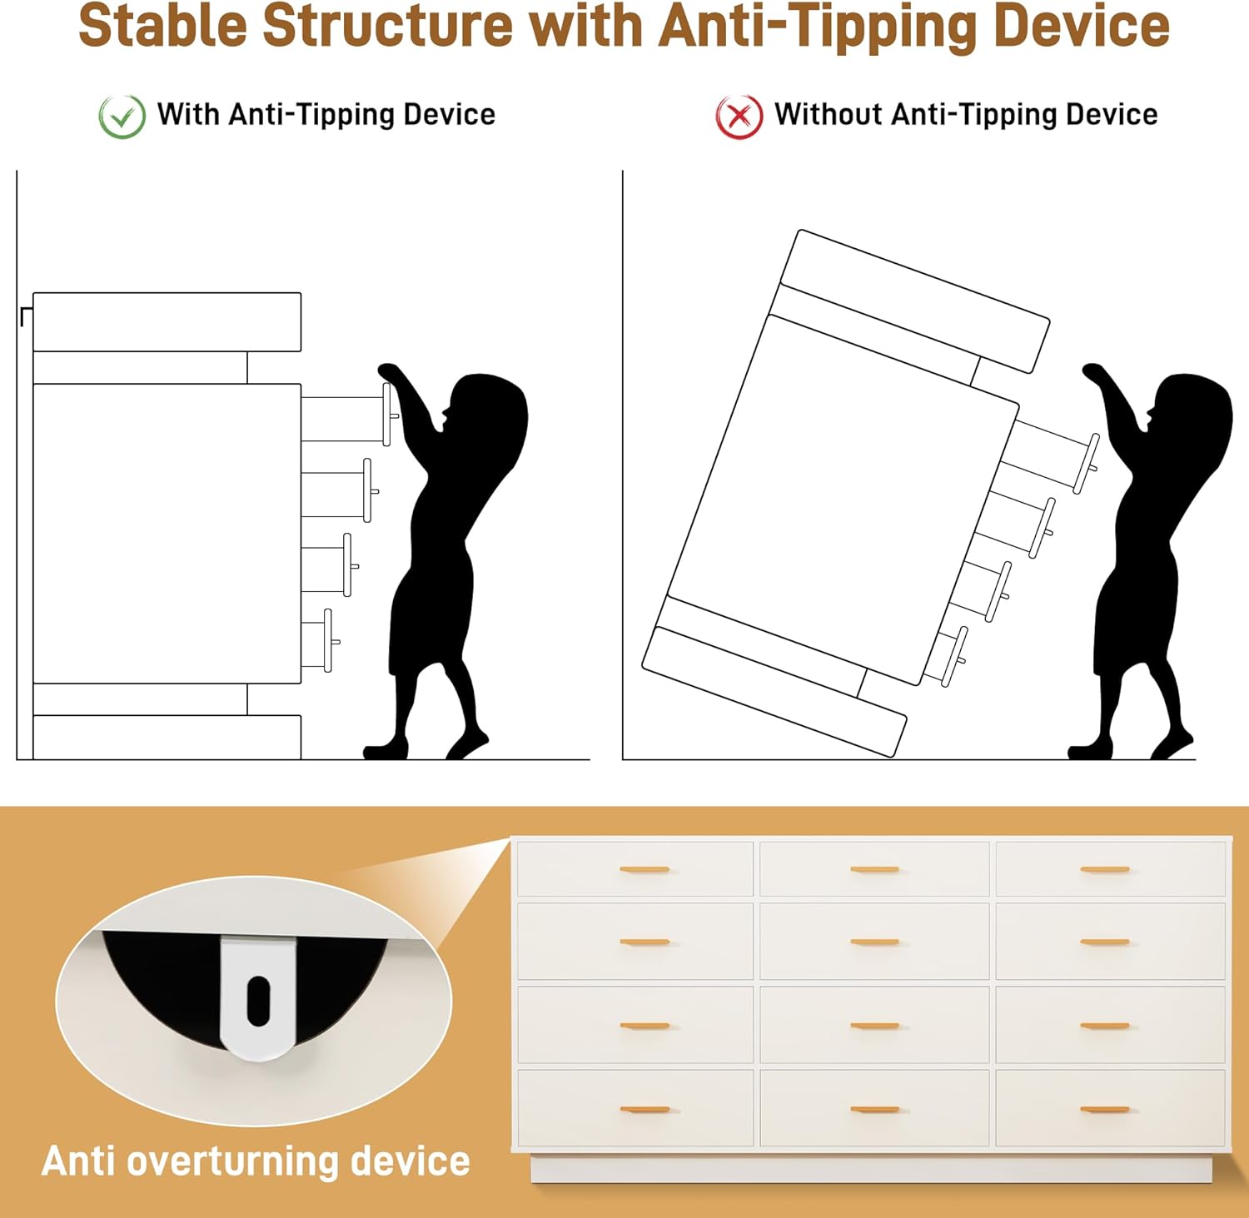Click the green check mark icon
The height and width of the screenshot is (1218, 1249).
[122, 117]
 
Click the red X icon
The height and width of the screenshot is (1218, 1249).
[739, 117]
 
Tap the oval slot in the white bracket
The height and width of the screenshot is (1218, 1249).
[258, 1000]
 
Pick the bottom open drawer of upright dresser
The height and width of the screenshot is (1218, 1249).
[320, 639]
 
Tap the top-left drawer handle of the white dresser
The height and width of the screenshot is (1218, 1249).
[644, 869]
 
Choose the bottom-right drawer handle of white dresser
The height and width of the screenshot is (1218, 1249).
[1105, 1109]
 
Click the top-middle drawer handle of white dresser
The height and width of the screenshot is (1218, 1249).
[874, 869]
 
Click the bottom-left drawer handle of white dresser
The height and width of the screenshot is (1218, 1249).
[644, 1109]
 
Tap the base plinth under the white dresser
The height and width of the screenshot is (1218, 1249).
[871, 1168]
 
